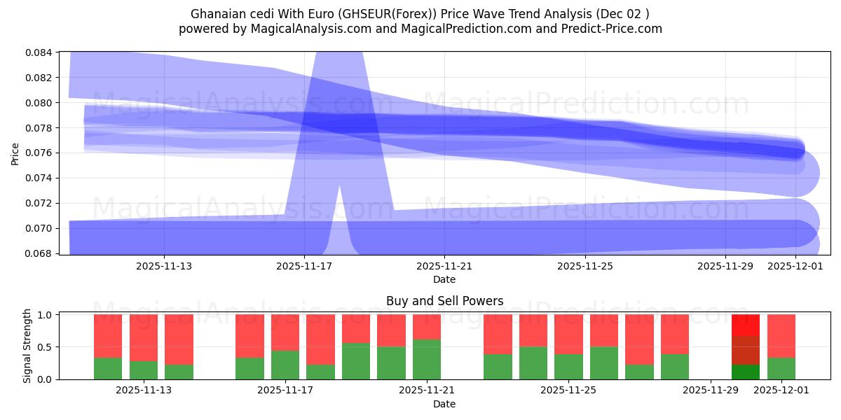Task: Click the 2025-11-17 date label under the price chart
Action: click(304, 266)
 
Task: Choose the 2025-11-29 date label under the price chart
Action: click(725, 266)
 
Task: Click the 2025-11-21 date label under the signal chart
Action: click(426, 391)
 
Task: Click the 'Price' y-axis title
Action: click(15, 154)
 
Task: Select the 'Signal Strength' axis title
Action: click(27, 346)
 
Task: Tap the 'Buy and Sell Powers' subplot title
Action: click(444, 301)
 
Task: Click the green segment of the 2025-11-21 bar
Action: click(426, 359)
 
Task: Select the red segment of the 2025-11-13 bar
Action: click(143, 337)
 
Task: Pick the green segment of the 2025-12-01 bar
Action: click(781, 368)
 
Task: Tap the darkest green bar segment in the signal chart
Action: click(745, 372)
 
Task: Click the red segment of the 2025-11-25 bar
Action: click(568, 334)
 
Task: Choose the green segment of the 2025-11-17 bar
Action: click(285, 365)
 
